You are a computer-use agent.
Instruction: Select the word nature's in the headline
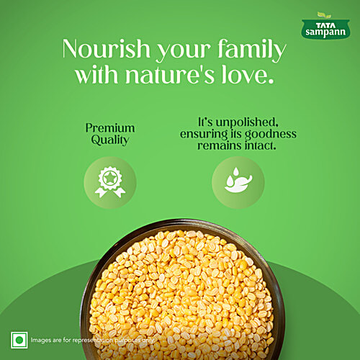tap(192, 75)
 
